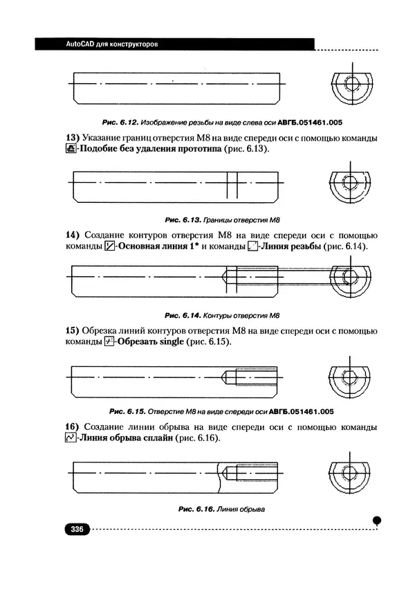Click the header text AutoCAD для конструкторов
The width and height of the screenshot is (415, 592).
(112, 44)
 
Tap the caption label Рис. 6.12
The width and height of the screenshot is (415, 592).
(112, 122)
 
